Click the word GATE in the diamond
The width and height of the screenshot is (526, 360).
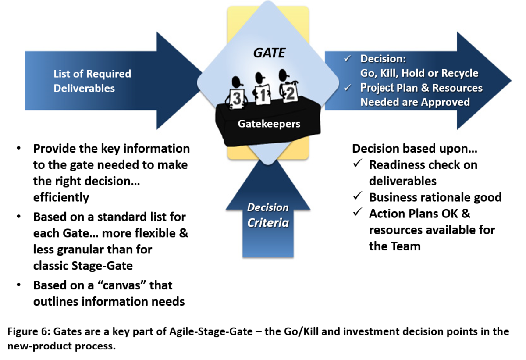269,53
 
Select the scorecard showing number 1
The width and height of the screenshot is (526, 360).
261,96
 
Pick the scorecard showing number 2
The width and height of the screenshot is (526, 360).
289,94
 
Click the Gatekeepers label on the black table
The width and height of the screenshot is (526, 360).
269,124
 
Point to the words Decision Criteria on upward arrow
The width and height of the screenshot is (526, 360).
268,215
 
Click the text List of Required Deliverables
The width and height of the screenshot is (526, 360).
92,81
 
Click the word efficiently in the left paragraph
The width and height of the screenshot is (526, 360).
61,197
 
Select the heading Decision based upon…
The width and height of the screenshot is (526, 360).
414,149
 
